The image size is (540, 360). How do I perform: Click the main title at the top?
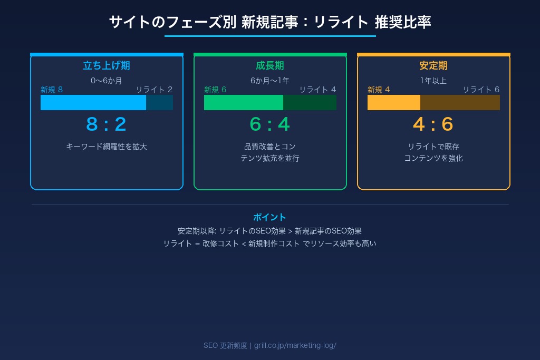[x=270, y=22]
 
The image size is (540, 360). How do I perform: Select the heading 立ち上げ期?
[x=107, y=66]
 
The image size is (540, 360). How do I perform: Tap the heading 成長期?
[x=270, y=66]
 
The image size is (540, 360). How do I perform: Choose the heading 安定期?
[x=433, y=66]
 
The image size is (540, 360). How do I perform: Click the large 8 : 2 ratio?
[x=107, y=124]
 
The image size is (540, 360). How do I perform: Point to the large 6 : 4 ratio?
[x=270, y=124]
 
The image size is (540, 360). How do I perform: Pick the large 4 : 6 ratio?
[x=433, y=124]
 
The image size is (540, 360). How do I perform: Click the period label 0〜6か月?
[x=107, y=81]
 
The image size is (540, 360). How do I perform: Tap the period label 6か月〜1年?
[x=270, y=81]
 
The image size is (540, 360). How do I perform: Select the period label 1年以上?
[x=433, y=81]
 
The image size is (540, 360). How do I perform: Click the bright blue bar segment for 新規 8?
[x=93, y=102]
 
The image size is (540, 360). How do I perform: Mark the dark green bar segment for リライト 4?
[x=310, y=102]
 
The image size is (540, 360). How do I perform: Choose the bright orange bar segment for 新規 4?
[x=394, y=102]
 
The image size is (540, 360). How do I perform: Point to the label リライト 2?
[x=154, y=90]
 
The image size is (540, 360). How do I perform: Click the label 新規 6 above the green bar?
[x=215, y=90]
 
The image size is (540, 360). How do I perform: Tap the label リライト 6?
[x=481, y=90]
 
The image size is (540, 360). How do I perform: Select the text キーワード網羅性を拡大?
[x=107, y=147]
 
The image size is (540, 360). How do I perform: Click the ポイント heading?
[x=270, y=217]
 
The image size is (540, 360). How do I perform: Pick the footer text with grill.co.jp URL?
[x=270, y=345]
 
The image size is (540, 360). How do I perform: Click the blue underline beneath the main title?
[x=270, y=36]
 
